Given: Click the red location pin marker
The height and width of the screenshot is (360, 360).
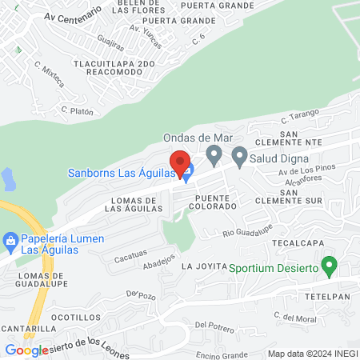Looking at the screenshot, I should pyautogui.click(x=179, y=162).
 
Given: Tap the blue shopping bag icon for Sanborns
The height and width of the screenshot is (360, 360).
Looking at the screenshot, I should pyautogui.click(x=187, y=170).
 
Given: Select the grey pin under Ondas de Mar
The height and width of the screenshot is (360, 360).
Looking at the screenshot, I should pyautogui.click(x=214, y=154).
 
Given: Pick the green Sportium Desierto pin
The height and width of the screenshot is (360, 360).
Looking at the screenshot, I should pyautogui.click(x=328, y=265).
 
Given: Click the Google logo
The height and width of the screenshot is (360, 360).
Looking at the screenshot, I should pyautogui.click(x=26, y=350).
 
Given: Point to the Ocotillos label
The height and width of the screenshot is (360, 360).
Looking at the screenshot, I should pyautogui.click(x=74, y=317).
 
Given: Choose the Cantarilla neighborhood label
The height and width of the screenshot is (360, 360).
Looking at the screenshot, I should pyautogui.click(x=27, y=328).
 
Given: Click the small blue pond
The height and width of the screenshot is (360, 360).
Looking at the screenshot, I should pyautogui.click(x=7, y=178).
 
